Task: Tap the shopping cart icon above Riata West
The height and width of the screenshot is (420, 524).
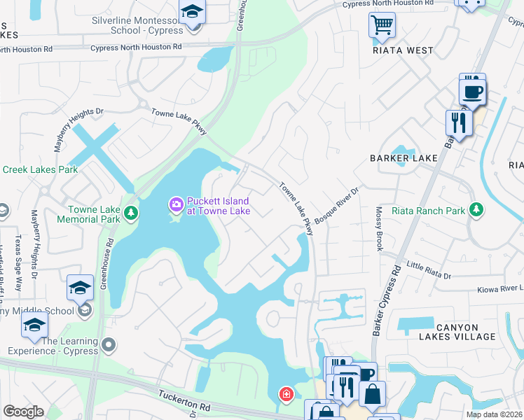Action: coord(382,26)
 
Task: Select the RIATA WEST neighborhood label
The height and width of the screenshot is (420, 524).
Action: coord(403,50)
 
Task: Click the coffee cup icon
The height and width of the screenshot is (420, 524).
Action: coord(471,91)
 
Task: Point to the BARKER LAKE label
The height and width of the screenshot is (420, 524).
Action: coord(404,158)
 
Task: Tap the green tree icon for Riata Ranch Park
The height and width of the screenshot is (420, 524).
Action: coord(476,210)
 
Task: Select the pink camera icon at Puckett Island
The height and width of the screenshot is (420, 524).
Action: coord(175,205)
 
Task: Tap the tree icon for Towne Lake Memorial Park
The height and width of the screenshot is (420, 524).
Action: coord(130,213)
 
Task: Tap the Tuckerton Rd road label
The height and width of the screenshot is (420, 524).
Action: coord(184,400)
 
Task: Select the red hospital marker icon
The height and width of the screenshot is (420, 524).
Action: coord(286,395)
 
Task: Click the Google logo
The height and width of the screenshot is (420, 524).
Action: coord(23,412)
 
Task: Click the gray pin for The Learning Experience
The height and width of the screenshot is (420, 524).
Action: coord(109,344)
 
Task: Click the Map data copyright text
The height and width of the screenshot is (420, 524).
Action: coord(494,414)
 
